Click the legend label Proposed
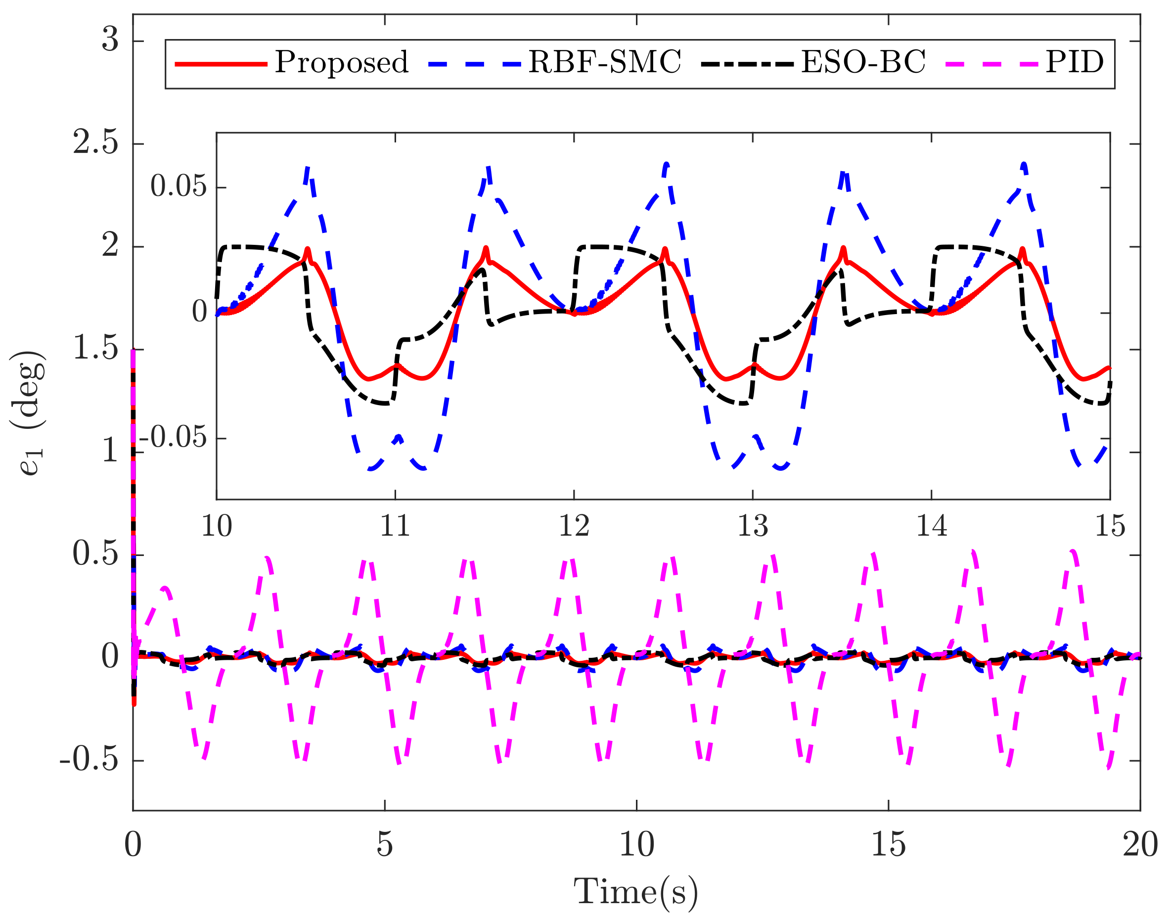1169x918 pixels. coord(342,63)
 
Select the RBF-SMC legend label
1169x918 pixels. coord(604,62)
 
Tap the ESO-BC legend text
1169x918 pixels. coord(863,62)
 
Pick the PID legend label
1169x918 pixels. coord(1075,62)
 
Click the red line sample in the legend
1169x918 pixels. coord(222,64)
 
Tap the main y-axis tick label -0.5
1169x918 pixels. coord(89,760)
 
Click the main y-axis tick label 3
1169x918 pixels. coord(110,40)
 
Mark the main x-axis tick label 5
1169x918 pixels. coord(385,845)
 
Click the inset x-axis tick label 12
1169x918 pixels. coord(574,526)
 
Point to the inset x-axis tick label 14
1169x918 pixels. coord(932,526)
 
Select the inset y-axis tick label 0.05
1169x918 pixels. coord(179,186)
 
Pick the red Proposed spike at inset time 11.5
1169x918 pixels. coord(486,248)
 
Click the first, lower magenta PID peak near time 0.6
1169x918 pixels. coord(166,588)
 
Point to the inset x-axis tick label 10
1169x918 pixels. coord(217,526)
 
